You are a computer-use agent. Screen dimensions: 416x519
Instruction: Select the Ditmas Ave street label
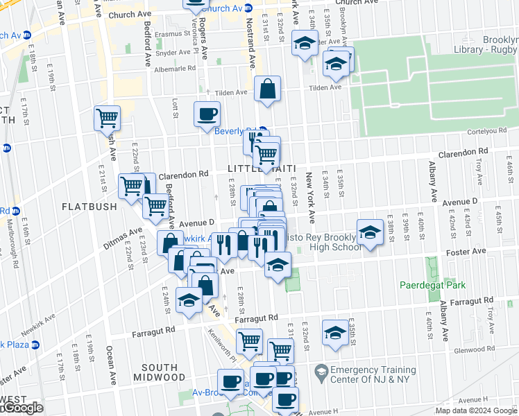coord(124,232)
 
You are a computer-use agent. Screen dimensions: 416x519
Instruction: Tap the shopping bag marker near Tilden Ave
coord(267,89)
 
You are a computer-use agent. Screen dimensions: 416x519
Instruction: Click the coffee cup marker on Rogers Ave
coord(207,114)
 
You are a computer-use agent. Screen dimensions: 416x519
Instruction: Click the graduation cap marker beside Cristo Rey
coord(371,232)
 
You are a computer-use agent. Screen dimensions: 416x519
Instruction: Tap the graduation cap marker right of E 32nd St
coord(335,333)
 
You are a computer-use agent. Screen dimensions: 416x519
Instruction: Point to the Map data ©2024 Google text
coord(476,410)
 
